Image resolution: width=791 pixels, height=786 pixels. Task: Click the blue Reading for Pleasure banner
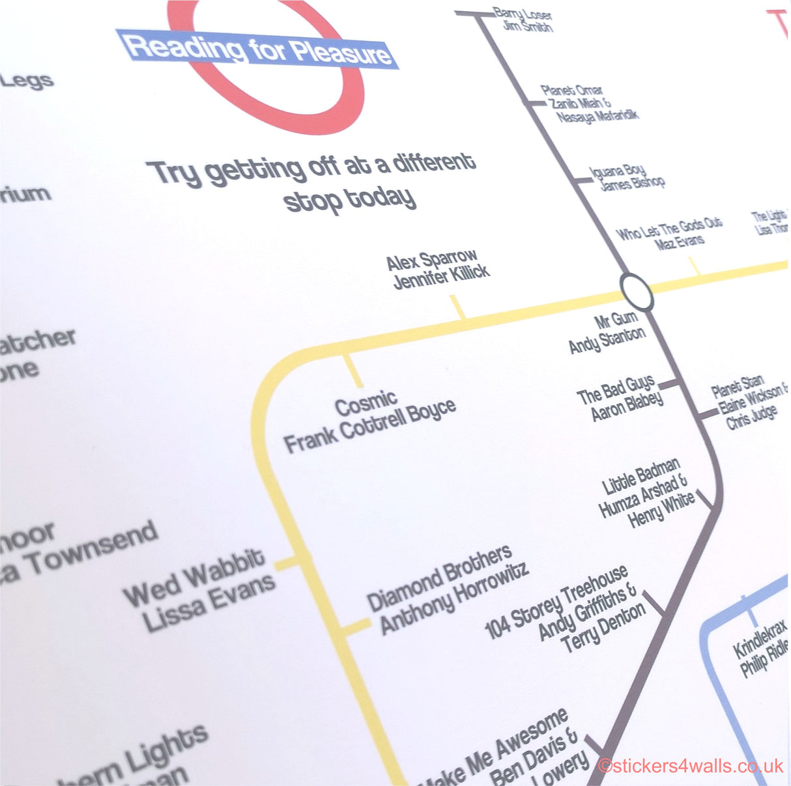pyautogui.click(x=257, y=49)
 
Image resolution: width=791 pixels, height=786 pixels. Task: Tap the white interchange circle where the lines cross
pyautogui.click(x=636, y=292)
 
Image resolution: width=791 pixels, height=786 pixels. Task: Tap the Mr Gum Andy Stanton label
pyautogui.click(x=607, y=331)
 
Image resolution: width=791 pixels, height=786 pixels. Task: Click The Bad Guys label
pyautogui.click(x=620, y=398)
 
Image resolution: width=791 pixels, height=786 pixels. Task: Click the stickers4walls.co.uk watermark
pyautogui.click(x=691, y=766)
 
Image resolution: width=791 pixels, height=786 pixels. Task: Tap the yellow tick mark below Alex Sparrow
pyautogui.click(x=459, y=307)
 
